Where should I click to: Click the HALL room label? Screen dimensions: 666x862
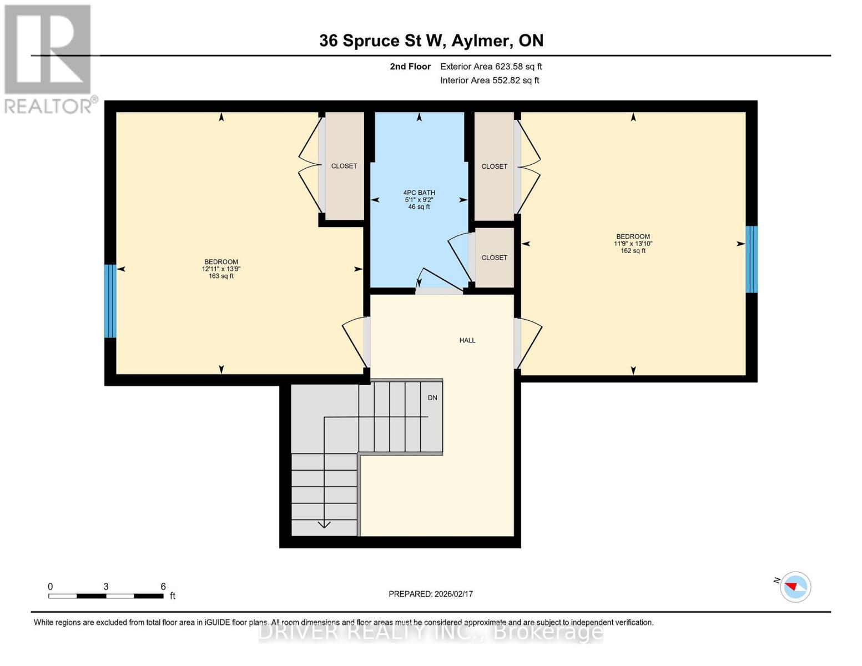tap(467, 340)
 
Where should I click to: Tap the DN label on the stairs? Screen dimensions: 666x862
tap(432, 397)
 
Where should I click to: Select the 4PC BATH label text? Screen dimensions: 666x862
tap(419, 193)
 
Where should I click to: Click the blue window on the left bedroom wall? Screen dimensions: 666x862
tap(110, 301)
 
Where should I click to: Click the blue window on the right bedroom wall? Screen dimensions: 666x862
tap(751, 259)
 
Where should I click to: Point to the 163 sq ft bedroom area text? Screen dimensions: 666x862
tap(221, 276)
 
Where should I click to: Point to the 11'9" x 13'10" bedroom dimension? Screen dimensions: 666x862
tap(633, 244)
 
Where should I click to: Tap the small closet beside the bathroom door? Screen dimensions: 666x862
tap(494, 258)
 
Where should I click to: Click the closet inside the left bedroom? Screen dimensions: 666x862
tap(344, 166)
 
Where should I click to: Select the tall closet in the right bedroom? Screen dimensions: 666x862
tap(494, 166)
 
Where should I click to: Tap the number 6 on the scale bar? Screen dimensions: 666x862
tap(163, 586)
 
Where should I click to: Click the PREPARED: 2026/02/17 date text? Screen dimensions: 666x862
tap(431, 594)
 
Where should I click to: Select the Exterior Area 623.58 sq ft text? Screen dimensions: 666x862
tap(491, 67)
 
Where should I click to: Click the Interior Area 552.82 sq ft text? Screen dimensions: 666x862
tap(490, 80)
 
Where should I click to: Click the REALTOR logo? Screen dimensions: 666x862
tap(48, 58)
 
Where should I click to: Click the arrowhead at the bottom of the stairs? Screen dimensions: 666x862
tap(324, 524)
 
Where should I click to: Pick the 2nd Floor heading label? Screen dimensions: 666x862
tap(410, 67)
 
